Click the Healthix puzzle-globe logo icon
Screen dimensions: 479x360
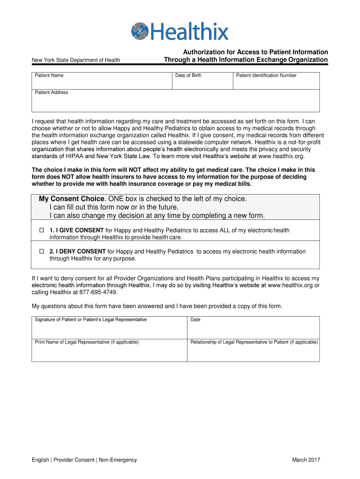point(140,31)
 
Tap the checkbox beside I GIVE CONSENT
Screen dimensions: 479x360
point(41,231)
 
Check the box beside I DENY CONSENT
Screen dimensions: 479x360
point(41,252)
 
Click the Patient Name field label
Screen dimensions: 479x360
point(49,76)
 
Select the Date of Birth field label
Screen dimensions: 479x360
point(188,76)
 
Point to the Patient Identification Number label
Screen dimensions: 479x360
point(266,76)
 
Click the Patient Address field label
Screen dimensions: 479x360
point(51,93)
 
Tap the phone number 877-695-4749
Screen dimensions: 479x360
point(95,292)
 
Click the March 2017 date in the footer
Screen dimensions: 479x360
point(306,460)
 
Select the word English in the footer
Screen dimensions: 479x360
point(40,460)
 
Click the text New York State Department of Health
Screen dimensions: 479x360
point(76,60)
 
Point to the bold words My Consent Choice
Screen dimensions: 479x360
point(71,199)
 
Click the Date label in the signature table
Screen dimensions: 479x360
point(195,320)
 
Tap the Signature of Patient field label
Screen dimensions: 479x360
point(91,320)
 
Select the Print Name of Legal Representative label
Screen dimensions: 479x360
point(86,342)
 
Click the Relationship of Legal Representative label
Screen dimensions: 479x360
point(254,342)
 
